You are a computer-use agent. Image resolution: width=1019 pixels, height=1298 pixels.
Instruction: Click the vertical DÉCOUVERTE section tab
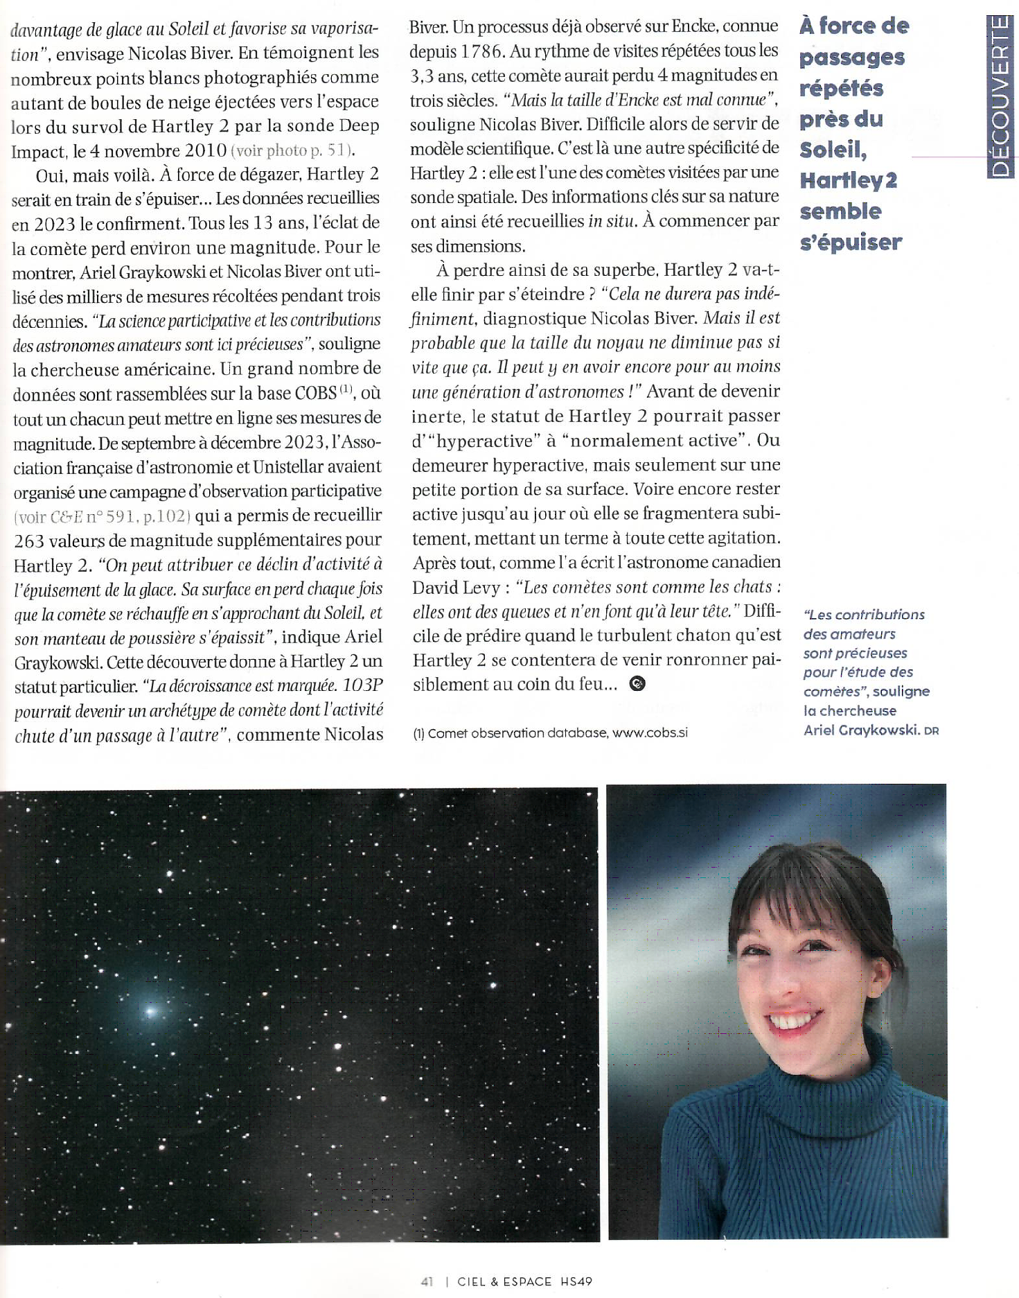[1001, 97]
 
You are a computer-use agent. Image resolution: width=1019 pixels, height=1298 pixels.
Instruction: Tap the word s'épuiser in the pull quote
[851, 243]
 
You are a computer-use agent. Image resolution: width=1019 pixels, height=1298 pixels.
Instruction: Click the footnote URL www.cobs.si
[650, 733]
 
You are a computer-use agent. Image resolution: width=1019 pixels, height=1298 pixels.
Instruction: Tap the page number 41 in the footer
[427, 1281]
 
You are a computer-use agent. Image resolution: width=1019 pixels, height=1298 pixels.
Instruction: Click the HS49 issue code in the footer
[576, 1281]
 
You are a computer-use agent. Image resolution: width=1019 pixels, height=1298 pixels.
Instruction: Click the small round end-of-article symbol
[637, 684]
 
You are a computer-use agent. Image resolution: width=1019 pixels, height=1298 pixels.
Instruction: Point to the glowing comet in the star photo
[150, 1011]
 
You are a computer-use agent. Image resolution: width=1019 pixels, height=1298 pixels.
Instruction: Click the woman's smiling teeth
[793, 1019]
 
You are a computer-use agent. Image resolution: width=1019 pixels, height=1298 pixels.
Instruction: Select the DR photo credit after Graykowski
[931, 731]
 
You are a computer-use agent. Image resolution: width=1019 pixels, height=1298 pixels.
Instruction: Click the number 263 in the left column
[29, 541]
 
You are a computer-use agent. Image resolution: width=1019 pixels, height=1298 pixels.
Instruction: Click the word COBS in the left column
[315, 393]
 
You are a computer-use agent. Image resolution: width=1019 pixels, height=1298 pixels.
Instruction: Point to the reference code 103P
[362, 685]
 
